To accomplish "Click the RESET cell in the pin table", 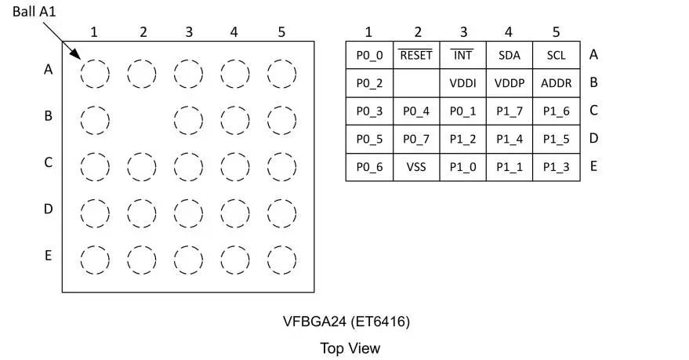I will pos(416,56).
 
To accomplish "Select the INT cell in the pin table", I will pos(463,56).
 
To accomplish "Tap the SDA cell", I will pos(509,56).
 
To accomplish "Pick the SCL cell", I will pos(556,56).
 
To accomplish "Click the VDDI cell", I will pos(463,83).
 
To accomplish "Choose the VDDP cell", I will pos(509,83).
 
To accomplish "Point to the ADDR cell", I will pos(556,83).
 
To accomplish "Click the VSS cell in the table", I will pos(416,167).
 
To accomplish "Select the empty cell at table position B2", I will pos(416,83).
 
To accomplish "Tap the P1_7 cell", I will pos(509,111).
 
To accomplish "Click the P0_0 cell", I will pos(369,56).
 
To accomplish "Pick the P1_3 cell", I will pos(556,167).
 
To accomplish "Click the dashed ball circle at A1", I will pos(95,74).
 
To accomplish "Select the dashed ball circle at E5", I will pos(281,260).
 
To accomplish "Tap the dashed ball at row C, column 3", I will pos(188,166).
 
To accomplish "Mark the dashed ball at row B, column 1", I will pos(95,120).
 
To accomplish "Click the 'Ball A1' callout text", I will pos(34,12).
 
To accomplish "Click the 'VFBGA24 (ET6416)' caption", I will pos(346,322).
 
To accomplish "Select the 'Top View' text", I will pos(350,347).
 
